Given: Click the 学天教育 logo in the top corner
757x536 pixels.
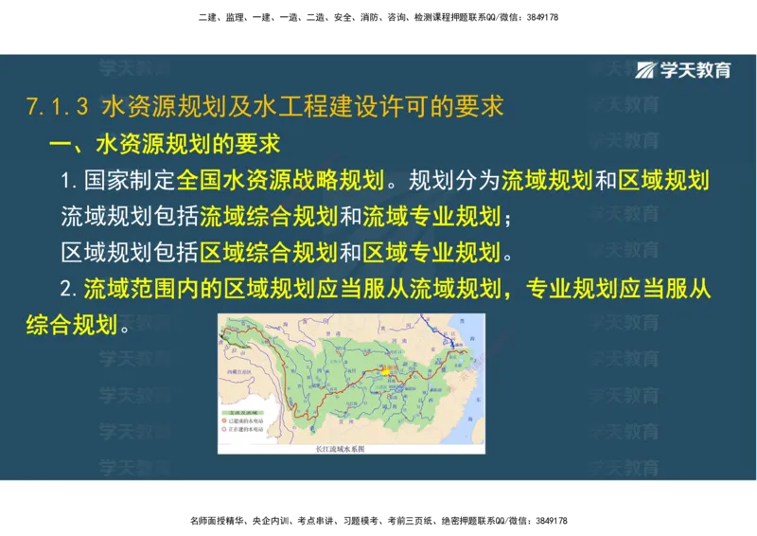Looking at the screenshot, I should click(x=683, y=70).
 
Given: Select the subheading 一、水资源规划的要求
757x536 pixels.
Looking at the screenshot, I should click(x=166, y=145).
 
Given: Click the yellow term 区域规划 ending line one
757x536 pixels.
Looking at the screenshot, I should click(x=663, y=181).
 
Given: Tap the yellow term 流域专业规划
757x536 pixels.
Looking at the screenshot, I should click(x=431, y=217).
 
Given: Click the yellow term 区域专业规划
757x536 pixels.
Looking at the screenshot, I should click(x=431, y=252).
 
